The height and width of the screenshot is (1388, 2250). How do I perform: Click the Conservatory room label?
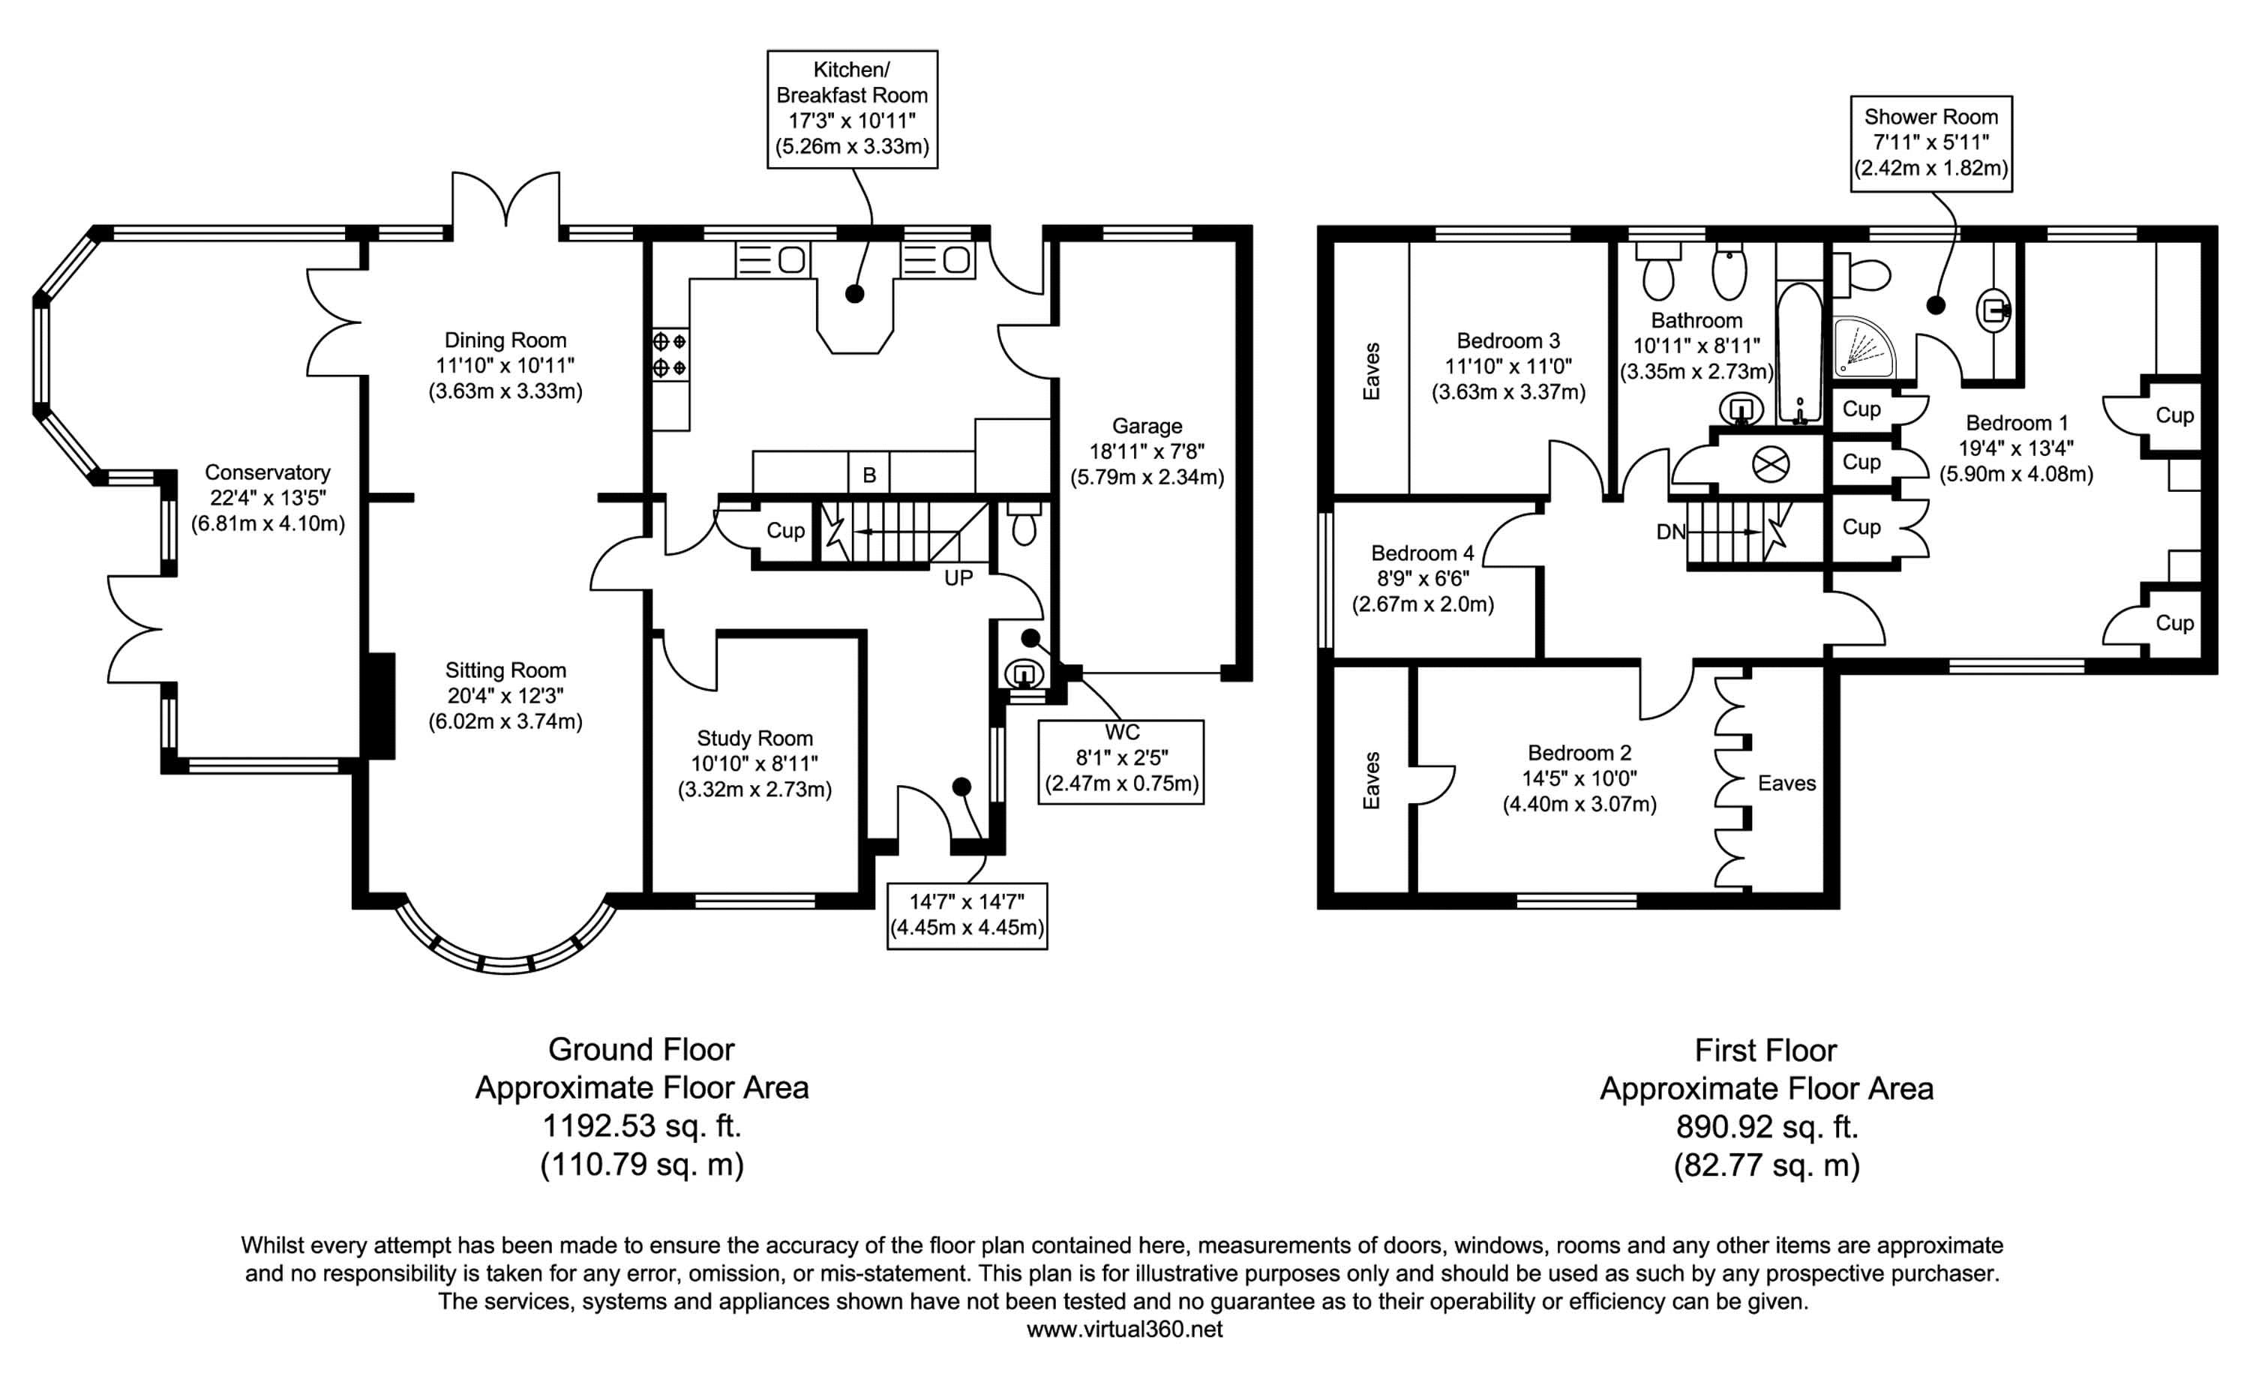(x=267, y=472)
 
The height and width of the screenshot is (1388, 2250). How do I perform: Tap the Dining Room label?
(x=505, y=340)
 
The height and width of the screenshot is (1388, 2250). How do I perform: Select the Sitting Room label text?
(x=505, y=670)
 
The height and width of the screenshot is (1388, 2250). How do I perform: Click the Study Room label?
(x=754, y=738)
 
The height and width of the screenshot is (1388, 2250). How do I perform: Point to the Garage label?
(x=1147, y=426)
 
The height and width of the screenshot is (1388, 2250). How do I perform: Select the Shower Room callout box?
(x=1930, y=143)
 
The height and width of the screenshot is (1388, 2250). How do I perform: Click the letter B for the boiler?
(x=868, y=475)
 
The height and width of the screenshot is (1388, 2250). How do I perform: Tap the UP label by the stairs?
(x=958, y=578)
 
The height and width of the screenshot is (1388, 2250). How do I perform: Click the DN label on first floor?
(x=1671, y=532)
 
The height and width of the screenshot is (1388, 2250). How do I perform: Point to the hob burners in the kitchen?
(x=669, y=355)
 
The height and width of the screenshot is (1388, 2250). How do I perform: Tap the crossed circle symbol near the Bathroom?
(x=1771, y=463)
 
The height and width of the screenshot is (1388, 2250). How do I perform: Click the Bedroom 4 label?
(x=1422, y=553)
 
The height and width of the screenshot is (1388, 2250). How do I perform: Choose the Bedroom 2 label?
(x=1579, y=753)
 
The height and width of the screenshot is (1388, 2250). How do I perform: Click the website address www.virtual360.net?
(x=1124, y=1330)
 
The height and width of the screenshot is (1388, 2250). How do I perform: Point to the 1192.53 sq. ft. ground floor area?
(x=642, y=1126)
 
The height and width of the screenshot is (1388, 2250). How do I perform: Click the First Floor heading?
(x=1765, y=1049)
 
